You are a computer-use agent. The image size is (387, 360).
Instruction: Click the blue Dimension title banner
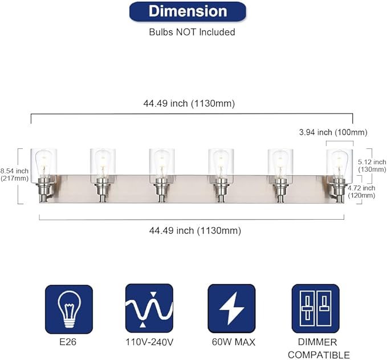click(188, 11)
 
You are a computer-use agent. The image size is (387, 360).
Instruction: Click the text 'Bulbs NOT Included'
click(192, 32)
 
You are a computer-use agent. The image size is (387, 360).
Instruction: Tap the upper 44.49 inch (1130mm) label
click(189, 103)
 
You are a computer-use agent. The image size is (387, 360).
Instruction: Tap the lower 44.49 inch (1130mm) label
click(195, 230)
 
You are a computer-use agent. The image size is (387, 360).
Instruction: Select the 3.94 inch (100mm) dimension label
click(333, 132)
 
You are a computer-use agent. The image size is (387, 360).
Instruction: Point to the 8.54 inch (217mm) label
click(14, 175)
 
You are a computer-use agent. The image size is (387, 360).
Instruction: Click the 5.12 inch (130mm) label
click(372, 166)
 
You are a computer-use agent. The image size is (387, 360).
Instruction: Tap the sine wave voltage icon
click(149, 309)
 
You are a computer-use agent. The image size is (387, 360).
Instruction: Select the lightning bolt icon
click(231, 309)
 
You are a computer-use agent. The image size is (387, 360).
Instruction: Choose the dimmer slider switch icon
click(312, 309)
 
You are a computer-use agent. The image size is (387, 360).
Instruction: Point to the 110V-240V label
click(149, 342)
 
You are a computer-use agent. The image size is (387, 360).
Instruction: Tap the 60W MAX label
click(232, 342)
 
